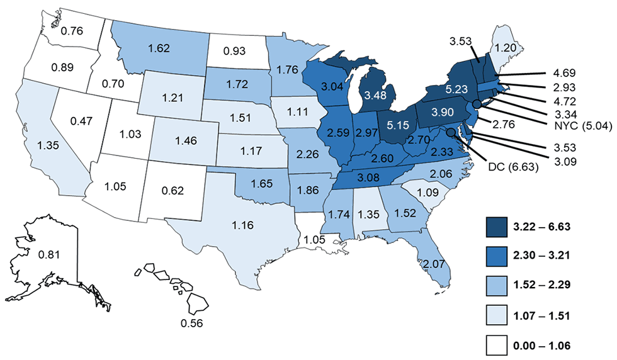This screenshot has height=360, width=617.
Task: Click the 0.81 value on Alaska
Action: [x=48, y=256]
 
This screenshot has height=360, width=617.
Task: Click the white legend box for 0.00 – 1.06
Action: [x=501, y=344]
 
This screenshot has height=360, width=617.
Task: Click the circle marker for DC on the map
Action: [x=451, y=132]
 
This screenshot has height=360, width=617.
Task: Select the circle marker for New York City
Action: [x=477, y=104]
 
